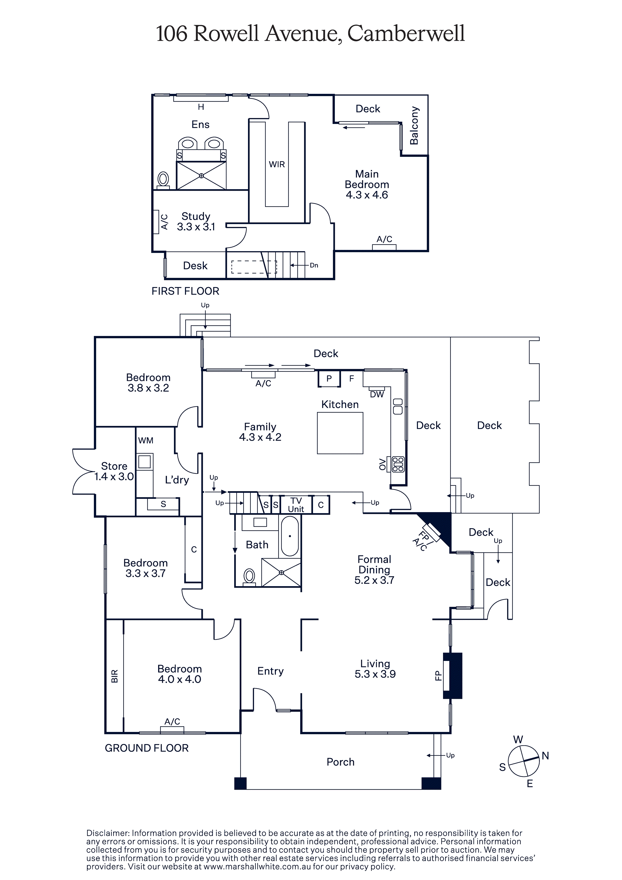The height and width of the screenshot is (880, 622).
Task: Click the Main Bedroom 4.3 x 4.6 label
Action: point(367,184)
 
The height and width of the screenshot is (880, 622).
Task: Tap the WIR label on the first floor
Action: point(277,164)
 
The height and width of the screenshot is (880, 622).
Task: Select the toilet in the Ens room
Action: point(163,180)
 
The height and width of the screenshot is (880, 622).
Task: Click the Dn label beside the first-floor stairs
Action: point(314,265)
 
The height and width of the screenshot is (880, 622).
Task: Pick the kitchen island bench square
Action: point(340,433)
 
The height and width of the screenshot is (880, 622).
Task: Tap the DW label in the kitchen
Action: point(377,394)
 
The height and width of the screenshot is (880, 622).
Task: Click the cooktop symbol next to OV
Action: point(398,464)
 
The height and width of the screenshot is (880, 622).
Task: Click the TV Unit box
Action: point(296,505)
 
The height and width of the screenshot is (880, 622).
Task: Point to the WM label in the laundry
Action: point(146,440)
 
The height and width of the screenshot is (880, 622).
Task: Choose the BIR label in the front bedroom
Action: point(114,676)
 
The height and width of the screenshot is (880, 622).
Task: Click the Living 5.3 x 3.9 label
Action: point(375,669)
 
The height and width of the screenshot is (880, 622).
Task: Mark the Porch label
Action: point(341,762)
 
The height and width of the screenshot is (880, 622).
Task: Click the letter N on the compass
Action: point(545,756)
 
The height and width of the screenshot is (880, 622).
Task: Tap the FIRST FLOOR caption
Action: point(185,291)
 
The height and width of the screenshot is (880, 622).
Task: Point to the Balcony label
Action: point(414,126)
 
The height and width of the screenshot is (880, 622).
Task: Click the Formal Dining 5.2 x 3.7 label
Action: point(374,570)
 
